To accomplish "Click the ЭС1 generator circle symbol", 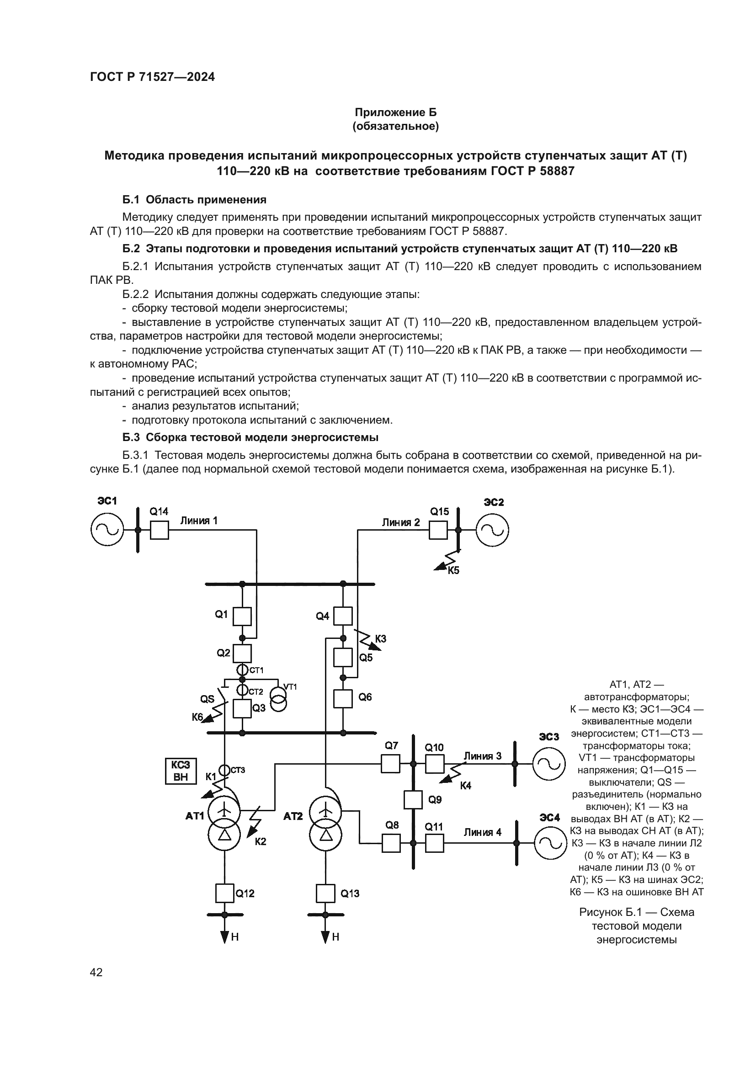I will (x=107, y=529).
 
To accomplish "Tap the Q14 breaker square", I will (x=159, y=530).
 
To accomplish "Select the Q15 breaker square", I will (x=437, y=530).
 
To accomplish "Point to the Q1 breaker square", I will (x=242, y=617).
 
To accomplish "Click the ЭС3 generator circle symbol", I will (x=549, y=764).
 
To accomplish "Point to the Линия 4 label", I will (x=482, y=832).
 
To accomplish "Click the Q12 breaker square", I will (x=225, y=893).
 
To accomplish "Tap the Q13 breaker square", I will (x=325, y=893).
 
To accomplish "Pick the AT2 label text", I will (x=293, y=816).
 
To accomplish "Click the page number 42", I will (x=96, y=972).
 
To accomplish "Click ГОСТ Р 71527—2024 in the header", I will (x=152, y=77).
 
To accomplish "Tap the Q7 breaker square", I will (x=390, y=764).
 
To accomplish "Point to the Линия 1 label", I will (x=199, y=521).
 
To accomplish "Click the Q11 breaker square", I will (x=434, y=843).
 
